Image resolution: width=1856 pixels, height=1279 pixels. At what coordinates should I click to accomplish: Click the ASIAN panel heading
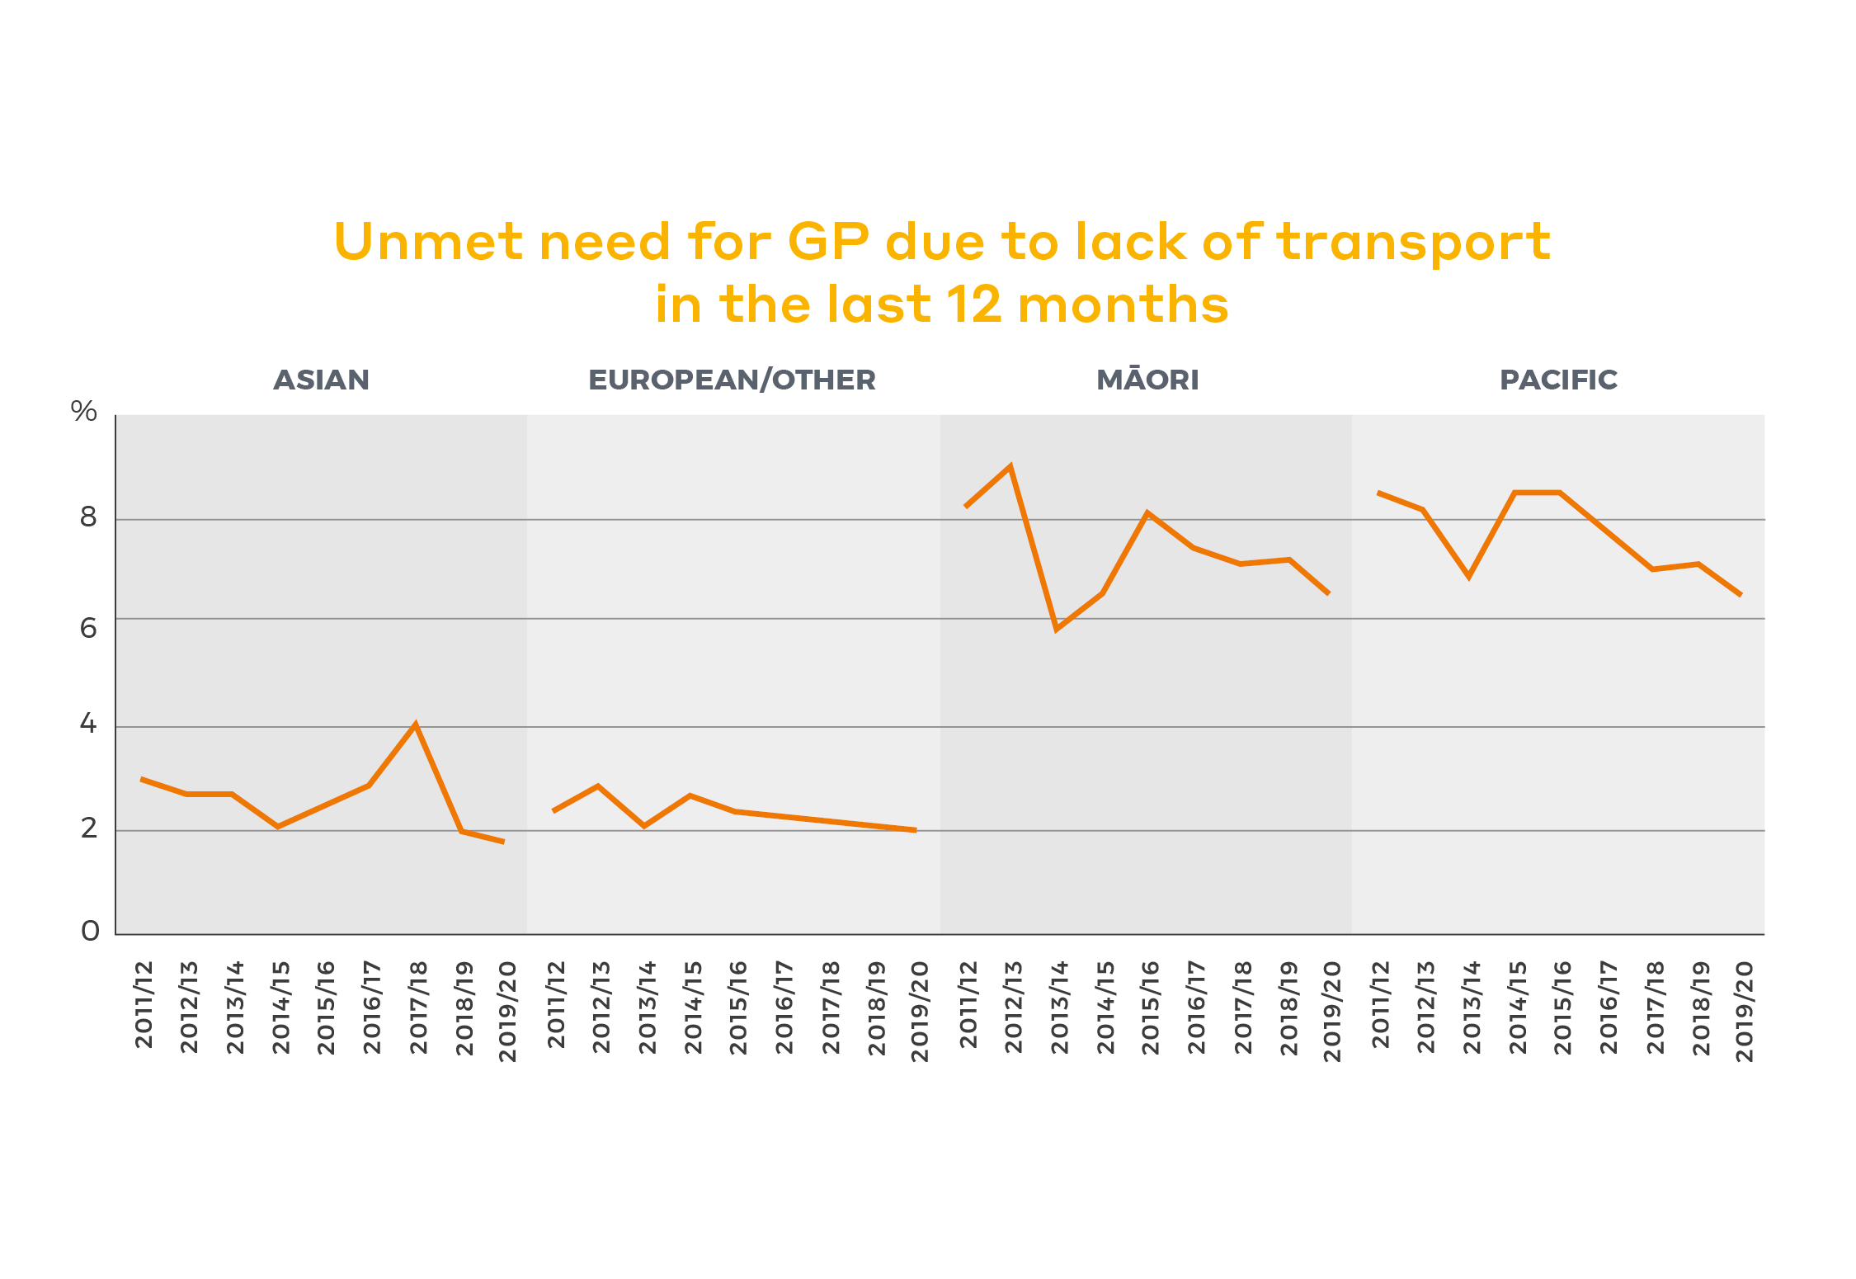322,380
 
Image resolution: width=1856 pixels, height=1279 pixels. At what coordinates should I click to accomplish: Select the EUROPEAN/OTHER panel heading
732,380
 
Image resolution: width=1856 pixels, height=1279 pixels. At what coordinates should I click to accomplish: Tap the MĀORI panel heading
1147,380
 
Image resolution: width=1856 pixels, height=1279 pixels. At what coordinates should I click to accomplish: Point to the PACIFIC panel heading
1558,380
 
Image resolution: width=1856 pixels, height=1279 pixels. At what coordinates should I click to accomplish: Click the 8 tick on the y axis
88,517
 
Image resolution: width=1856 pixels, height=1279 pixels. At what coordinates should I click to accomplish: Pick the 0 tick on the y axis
90,932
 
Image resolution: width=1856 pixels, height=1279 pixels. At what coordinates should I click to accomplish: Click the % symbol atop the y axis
84,411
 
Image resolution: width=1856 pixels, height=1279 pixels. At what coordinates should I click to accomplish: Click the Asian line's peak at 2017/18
416,724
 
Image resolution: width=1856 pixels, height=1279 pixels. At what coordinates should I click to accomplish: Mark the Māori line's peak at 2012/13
1010,466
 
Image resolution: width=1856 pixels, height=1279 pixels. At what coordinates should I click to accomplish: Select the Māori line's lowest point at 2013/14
1057,630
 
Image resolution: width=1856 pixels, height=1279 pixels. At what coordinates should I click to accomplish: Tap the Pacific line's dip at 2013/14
1469,576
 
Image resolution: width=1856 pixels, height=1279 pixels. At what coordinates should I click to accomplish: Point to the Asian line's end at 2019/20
503,842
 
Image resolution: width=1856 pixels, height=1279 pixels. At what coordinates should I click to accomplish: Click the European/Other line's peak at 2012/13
598,786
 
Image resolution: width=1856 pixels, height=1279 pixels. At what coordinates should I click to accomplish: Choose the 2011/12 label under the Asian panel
144,1005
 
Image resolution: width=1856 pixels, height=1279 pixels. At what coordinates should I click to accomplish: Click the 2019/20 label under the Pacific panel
1744,1011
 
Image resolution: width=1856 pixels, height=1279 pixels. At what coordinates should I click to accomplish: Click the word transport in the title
1414,243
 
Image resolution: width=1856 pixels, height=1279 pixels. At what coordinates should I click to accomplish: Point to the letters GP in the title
828,243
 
